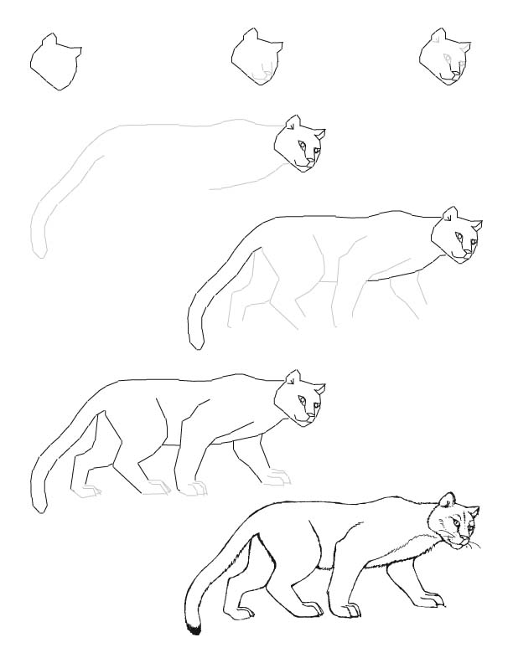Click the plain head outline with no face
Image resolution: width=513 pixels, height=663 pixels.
click(55, 62)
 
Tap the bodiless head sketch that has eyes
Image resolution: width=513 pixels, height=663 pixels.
click(443, 58)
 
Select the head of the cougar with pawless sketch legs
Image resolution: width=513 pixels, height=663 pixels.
click(458, 235)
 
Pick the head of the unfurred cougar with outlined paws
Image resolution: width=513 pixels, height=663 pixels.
click(300, 398)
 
